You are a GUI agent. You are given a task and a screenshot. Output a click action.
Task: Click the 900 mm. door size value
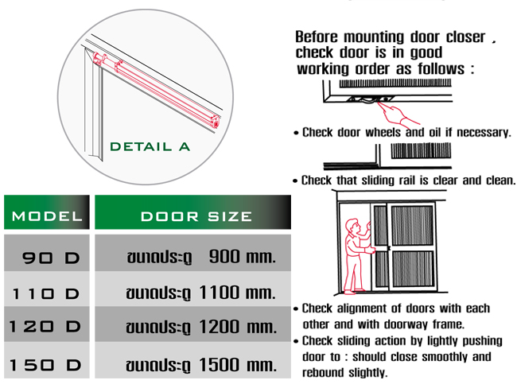243,257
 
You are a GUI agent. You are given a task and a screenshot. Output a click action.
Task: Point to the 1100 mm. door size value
237,293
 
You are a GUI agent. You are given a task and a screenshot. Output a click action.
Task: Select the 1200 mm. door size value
238,327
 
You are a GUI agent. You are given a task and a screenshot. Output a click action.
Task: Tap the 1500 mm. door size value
238,365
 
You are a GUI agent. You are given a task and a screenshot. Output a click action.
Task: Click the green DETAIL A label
150,147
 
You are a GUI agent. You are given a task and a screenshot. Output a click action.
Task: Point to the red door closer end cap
216,122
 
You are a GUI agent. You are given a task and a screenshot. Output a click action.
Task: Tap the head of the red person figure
352,226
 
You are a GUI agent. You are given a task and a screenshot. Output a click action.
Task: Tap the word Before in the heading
317,37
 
